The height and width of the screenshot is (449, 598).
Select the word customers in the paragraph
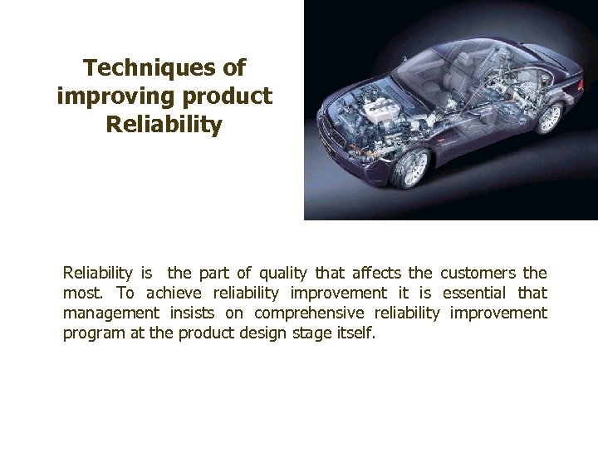pos(478,273)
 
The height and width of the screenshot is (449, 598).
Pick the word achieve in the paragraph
pos(175,293)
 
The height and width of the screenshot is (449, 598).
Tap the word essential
pos(474,293)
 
